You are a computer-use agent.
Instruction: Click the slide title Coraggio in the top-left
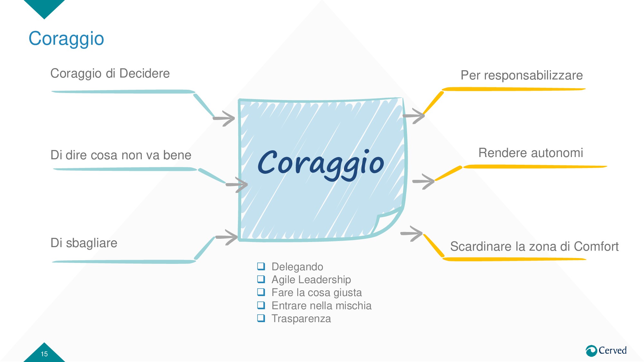66,39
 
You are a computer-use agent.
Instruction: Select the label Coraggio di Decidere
110,73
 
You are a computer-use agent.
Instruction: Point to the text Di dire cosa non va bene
121,155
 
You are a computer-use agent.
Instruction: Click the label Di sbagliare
84,243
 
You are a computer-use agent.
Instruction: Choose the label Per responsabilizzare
522,75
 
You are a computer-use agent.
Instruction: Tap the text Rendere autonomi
531,153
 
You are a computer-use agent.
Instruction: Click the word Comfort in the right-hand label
596,246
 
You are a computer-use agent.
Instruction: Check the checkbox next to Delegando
261,266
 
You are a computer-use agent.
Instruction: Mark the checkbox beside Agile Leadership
261,279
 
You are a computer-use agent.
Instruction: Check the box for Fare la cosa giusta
261,292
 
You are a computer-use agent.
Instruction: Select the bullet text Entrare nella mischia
321,306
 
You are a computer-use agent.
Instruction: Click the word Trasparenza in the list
301,319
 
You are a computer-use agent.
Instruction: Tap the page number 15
44,354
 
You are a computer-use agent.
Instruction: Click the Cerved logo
606,350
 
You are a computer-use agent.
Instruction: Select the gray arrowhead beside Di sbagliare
229,237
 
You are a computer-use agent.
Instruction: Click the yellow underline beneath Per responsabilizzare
513,89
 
